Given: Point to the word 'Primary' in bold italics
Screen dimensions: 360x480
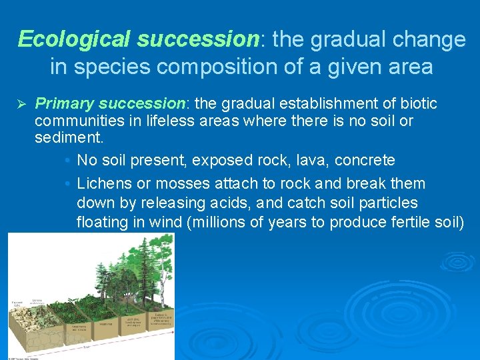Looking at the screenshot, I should [x=64, y=103].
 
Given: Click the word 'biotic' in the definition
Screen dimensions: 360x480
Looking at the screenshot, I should [x=418, y=103].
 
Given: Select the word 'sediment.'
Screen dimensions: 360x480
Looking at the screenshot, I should [x=66, y=138].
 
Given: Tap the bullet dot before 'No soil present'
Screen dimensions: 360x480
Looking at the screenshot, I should [x=69, y=161].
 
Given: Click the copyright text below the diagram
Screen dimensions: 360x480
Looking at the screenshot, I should [x=23, y=357].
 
